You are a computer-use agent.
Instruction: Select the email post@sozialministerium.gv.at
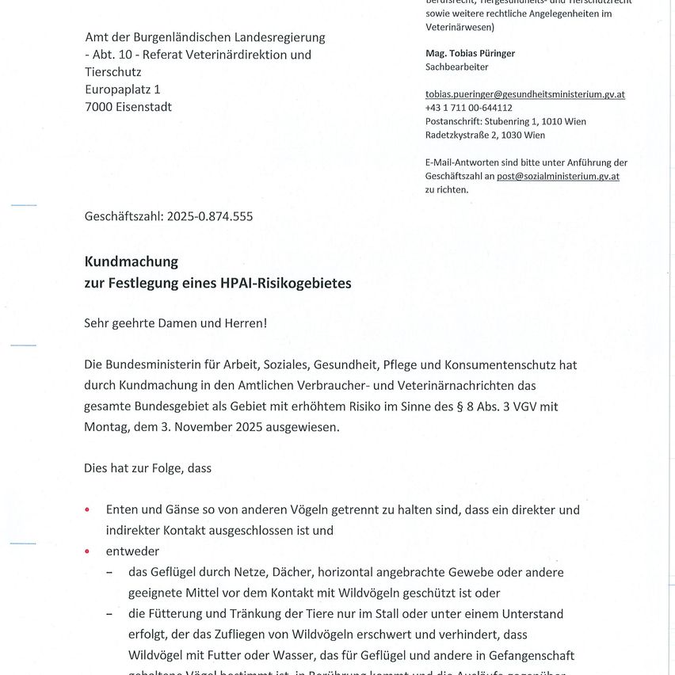pos(558,176)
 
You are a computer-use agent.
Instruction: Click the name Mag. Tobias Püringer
pos(470,53)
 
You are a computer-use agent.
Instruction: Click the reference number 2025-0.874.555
pos(210,215)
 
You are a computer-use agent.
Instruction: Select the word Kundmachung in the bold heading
pos(132,261)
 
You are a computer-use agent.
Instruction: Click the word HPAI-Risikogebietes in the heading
pos(286,283)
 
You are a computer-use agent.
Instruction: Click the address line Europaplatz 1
pos(123,90)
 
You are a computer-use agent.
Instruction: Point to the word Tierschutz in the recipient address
pos(114,72)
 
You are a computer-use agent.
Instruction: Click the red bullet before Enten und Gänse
pos(87,510)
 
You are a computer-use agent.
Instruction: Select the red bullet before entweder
pos(87,551)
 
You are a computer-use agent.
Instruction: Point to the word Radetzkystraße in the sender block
pos(460,135)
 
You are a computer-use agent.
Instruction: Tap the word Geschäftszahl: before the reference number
pos(124,215)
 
